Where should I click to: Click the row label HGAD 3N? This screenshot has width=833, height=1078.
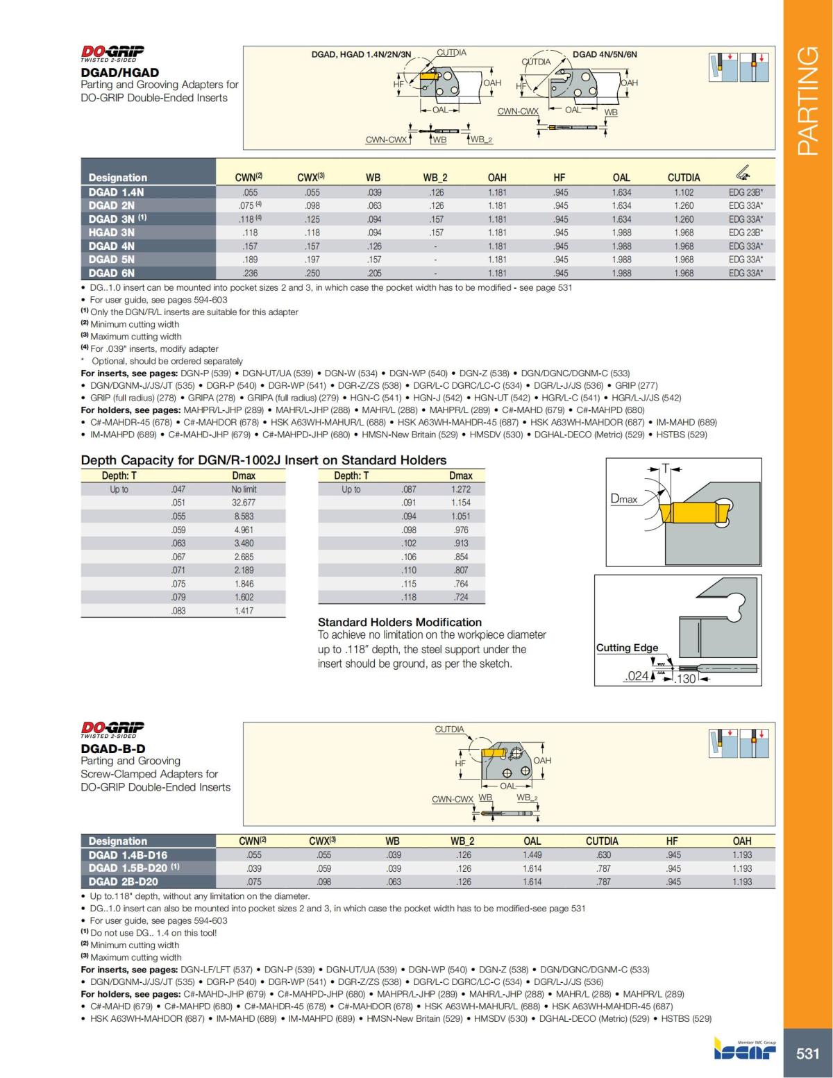(111, 233)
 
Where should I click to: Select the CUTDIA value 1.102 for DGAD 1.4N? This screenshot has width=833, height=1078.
(683, 192)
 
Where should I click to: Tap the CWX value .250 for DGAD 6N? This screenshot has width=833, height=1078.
(312, 273)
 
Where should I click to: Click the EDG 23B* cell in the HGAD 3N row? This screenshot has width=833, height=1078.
(746, 233)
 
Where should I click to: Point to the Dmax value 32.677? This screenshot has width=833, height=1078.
(244, 503)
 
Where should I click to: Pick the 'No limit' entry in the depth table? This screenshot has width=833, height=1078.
(244, 489)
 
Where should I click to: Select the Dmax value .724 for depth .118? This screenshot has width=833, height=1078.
(461, 597)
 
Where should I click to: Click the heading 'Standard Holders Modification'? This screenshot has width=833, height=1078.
(399, 622)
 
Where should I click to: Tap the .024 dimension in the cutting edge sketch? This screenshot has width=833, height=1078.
(636, 677)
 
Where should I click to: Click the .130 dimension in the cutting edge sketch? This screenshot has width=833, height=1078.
(685, 678)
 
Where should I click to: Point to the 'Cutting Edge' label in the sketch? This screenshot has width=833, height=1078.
(627, 648)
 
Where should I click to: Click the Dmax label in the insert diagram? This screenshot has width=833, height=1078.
(623, 498)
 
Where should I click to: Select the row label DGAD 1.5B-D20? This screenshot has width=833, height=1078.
(128, 868)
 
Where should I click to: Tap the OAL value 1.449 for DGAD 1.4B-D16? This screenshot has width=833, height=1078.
(532, 855)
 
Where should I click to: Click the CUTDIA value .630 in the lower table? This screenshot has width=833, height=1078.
(603, 855)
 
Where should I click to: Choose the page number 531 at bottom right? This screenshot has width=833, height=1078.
(807, 1053)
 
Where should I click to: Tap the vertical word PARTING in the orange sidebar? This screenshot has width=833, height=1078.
(807, 101)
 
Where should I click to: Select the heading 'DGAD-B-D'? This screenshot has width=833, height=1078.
(113, 748)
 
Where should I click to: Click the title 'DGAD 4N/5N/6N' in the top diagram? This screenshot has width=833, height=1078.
(604, 54)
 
